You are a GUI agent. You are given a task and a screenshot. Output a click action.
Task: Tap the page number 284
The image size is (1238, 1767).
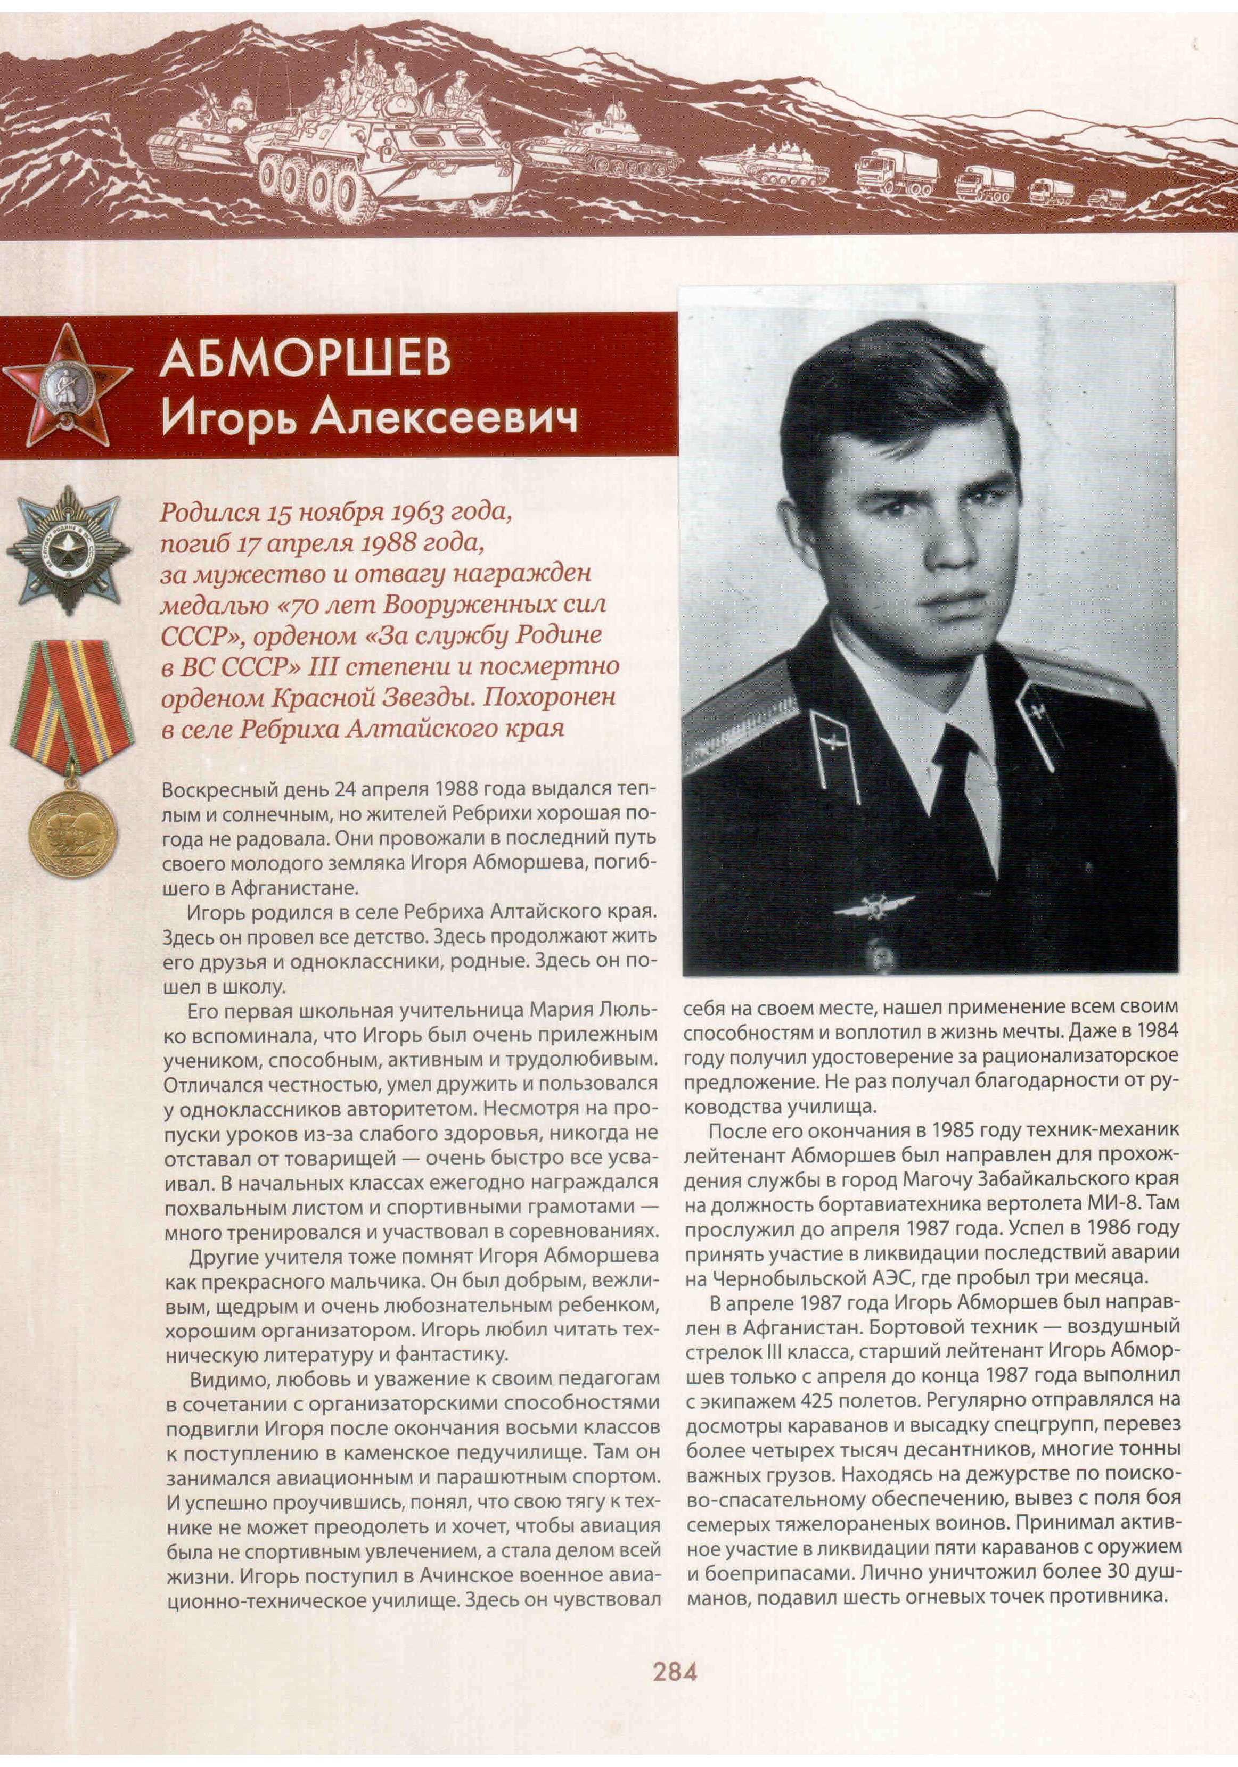pos(675,1672)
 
